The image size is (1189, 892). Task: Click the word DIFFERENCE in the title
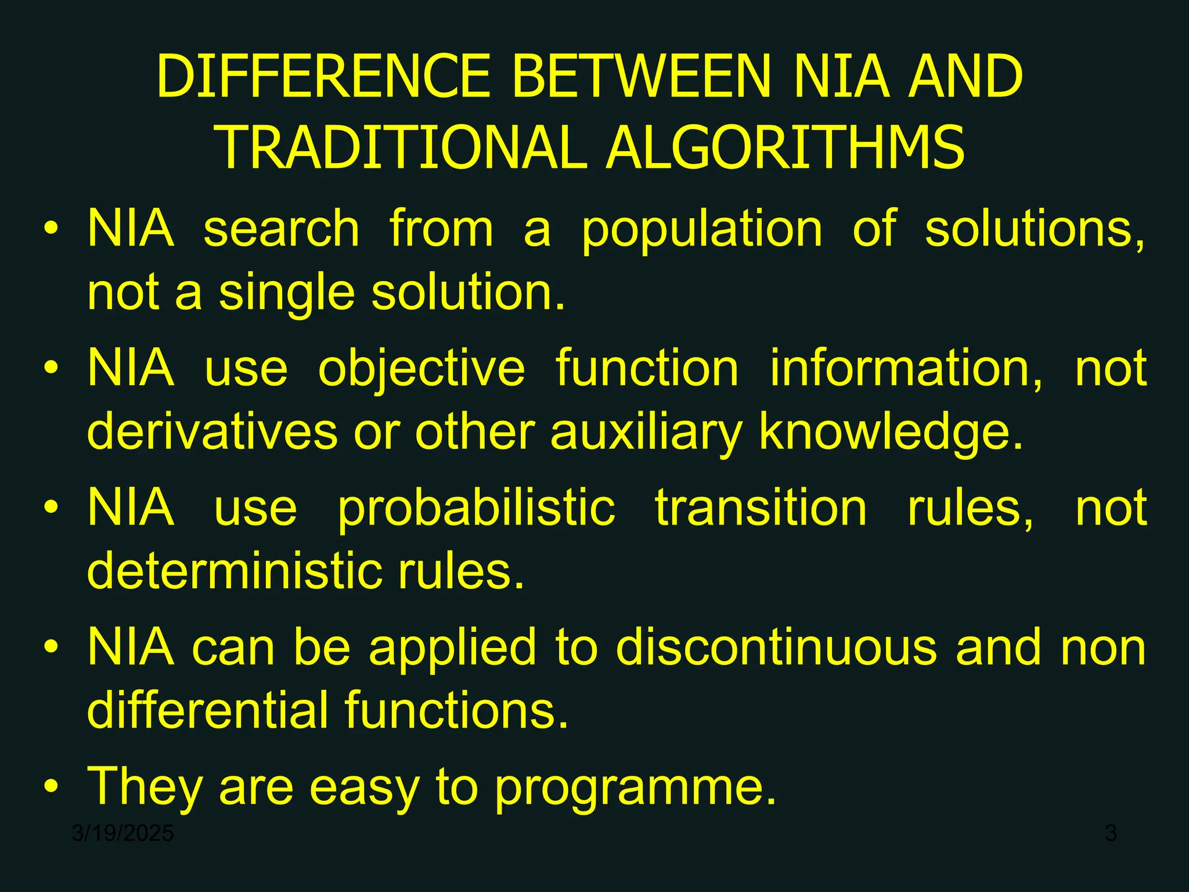point(324,77)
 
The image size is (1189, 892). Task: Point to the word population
point(702,231)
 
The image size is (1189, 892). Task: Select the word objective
point(421,370)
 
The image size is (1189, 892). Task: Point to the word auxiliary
point(646,433)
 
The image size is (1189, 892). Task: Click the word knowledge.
point(891,433)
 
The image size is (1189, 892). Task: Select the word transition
point(761,508)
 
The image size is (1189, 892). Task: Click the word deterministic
point(233,571)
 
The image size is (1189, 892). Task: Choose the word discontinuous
point(776,648)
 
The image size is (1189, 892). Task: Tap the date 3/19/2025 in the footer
point(123,833)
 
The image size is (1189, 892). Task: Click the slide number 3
point(1111,833)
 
